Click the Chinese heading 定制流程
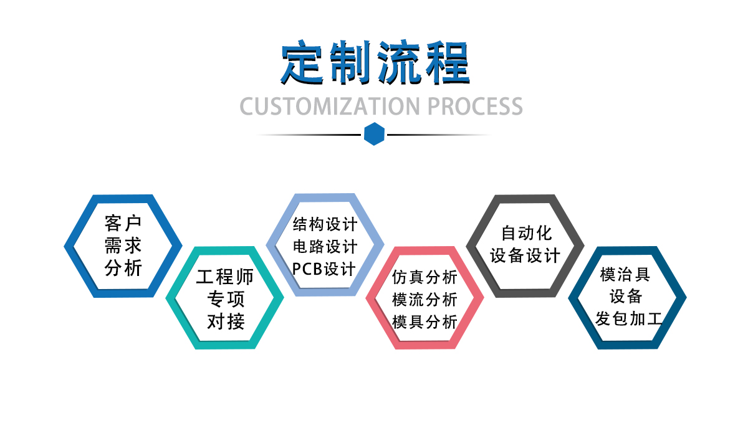(x=375, y=62)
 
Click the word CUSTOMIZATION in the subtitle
(x=330, y=107)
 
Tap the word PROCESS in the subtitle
(x=475, y=107)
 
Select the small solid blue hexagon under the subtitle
(x=374, y=134)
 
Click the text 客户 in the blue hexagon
(x=123, y=224)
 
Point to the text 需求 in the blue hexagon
(x=123, y=245)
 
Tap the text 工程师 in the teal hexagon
(x=225, y=277)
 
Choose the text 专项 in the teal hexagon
(x=226, y=299)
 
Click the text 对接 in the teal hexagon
(x=226, y=321)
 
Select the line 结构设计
(x=325, y=224)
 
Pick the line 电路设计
(x=325, y=246)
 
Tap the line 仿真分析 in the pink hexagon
(x=424, y=277)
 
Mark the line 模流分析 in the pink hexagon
(x=424, y=300)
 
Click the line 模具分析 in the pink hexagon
(x=424, y=322)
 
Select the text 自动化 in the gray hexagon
(x=526, y=233)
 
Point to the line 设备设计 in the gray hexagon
(x=525, y=255)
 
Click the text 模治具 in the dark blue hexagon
(x=625, y=274)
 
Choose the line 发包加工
(x=628, y=319)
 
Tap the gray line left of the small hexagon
(x=309, y=135)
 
